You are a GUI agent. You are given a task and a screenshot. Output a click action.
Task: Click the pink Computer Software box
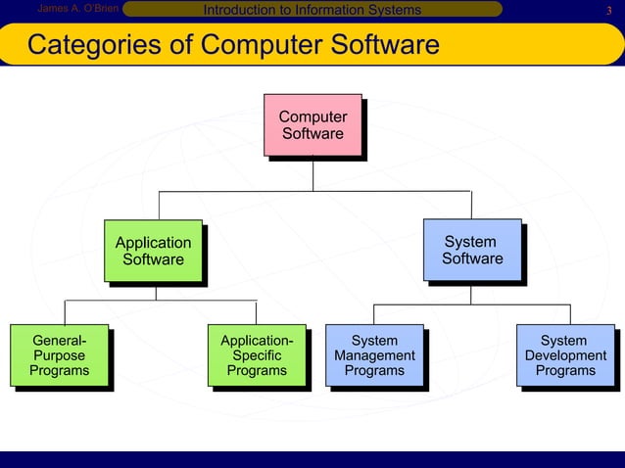click(312, 124)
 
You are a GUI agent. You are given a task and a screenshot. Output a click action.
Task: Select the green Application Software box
click(154, 251)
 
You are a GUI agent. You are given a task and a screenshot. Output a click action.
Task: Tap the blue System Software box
click(472, 250)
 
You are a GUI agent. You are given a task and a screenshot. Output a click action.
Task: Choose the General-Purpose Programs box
click(59, 355)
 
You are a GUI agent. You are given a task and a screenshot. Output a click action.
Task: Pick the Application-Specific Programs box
click(257, 355)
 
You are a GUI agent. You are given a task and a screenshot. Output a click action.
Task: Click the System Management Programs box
click(374, 355)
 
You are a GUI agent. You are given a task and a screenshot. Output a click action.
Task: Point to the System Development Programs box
click(565, 355)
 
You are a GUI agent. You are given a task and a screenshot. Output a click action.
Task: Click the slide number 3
click(608, 11)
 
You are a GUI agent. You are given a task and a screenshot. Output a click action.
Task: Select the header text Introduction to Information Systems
click(311, 10)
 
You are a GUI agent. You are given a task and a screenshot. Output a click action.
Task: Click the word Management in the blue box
click(374, 355)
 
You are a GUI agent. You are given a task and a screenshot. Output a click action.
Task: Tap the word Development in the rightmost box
click(565, 355)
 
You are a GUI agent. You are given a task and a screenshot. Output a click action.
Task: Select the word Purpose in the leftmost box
click(59, 355)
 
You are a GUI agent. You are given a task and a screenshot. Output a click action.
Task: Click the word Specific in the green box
click(257, 355)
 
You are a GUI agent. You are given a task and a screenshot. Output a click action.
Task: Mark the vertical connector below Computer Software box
click(313, 173)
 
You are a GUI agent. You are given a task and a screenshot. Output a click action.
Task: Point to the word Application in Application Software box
click(154, 242)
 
